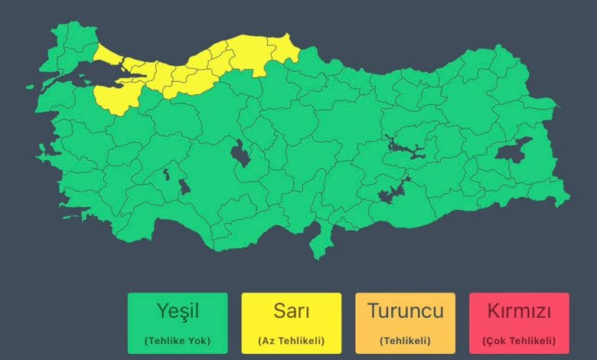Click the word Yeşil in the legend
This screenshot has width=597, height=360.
click(x=178, y=312)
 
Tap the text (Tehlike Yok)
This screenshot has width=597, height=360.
click(x=178, y=341)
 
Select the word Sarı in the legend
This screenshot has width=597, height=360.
click(x=292, y=312)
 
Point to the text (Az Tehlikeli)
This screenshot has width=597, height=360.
click(x=292, y=341)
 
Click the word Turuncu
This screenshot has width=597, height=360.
click(x=405, y=312)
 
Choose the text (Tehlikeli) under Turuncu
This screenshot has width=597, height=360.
click(x=405, y=341)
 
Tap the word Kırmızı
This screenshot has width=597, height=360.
click(x=519, y=312)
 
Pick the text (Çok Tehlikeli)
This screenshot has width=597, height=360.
click(x=519, y=341)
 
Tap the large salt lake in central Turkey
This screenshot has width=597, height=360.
click(x=241, y=153)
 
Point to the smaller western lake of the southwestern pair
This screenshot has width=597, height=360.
click(x=166, y=175)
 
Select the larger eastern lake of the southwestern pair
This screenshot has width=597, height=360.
click(x=184, y=186)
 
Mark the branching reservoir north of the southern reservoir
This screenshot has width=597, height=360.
click(x=406, y=146)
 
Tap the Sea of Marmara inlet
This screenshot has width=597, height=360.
click(x=84, y=77)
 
